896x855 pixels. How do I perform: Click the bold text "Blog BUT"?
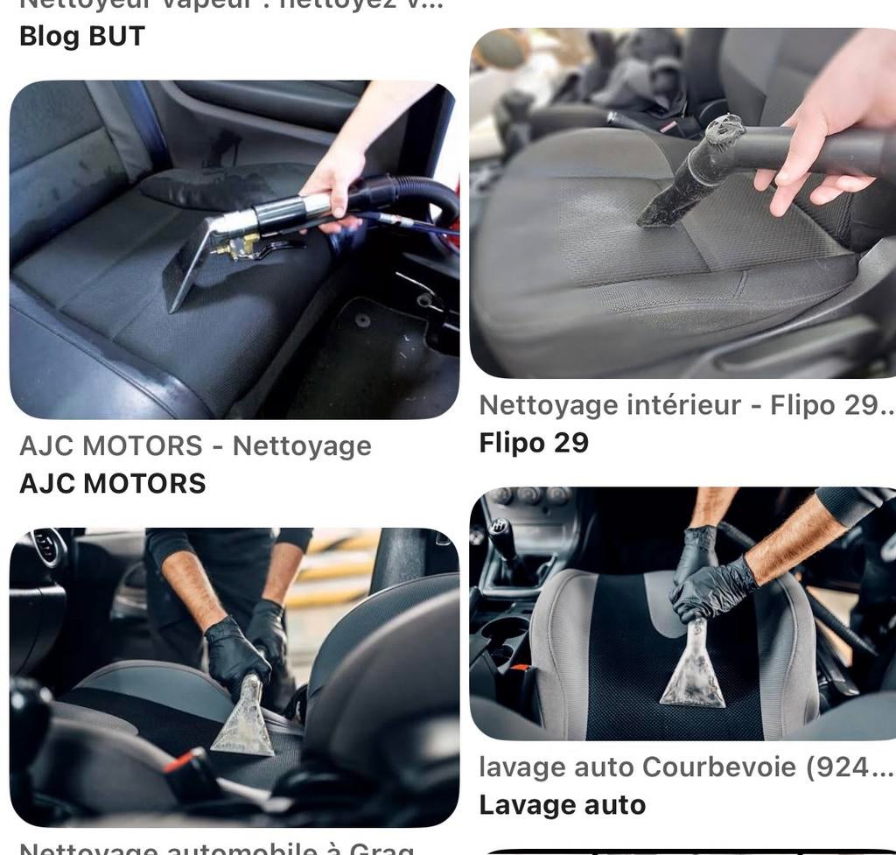81,36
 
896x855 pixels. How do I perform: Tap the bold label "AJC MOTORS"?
112,483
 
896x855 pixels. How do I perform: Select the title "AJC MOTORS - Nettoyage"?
195,445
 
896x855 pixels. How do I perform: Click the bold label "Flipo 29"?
534,443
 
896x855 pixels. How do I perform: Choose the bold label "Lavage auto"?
562,804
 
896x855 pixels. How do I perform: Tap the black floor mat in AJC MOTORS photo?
367,350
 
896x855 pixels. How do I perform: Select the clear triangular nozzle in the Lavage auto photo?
692,674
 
